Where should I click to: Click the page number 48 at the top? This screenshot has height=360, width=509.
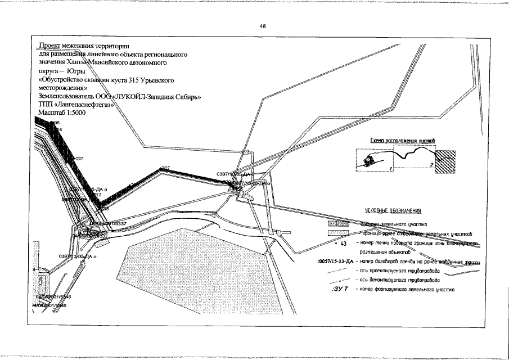click(x=263, y=26)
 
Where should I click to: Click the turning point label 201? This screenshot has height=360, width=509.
click(x=79, y=159)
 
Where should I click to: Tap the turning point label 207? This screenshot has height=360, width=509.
click(x=165, y=168)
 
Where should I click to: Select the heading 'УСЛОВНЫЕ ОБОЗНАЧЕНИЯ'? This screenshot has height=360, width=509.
click(x=394, y=211)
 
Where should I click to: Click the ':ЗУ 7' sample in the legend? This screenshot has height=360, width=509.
click(x=341, y=289)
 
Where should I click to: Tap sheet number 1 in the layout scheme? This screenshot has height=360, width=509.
click(x=389, y=169)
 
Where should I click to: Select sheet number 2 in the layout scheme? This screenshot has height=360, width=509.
click(x=431, y=164)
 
